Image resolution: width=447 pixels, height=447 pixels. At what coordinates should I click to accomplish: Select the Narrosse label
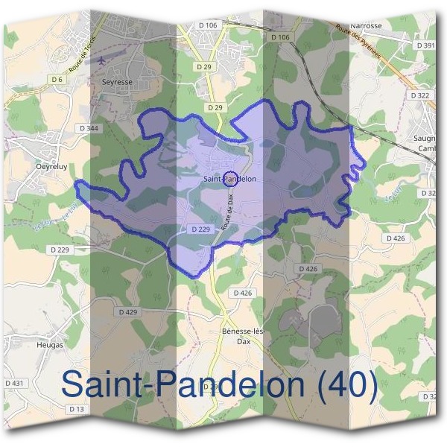tap(366, 25)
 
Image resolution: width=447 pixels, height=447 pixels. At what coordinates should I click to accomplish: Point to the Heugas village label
tap(50, 345)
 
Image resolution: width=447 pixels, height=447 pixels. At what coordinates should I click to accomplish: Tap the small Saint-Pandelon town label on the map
tap(230, 179)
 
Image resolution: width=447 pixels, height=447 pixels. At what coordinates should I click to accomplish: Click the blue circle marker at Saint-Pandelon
tap(230, 178)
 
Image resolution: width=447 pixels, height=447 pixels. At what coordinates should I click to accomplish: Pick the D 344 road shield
tap(89, 128)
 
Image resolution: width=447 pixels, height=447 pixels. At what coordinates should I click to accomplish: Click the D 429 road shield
tap(128, 311)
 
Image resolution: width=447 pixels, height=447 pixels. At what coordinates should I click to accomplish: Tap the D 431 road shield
tap(14, 383)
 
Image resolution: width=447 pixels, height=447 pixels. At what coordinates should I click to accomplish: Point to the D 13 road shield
tap(76, 409)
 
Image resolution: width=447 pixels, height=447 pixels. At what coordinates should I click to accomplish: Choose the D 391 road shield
tap(426, 45)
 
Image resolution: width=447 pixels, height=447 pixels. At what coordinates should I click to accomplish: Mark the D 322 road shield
tap(419, 95)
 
